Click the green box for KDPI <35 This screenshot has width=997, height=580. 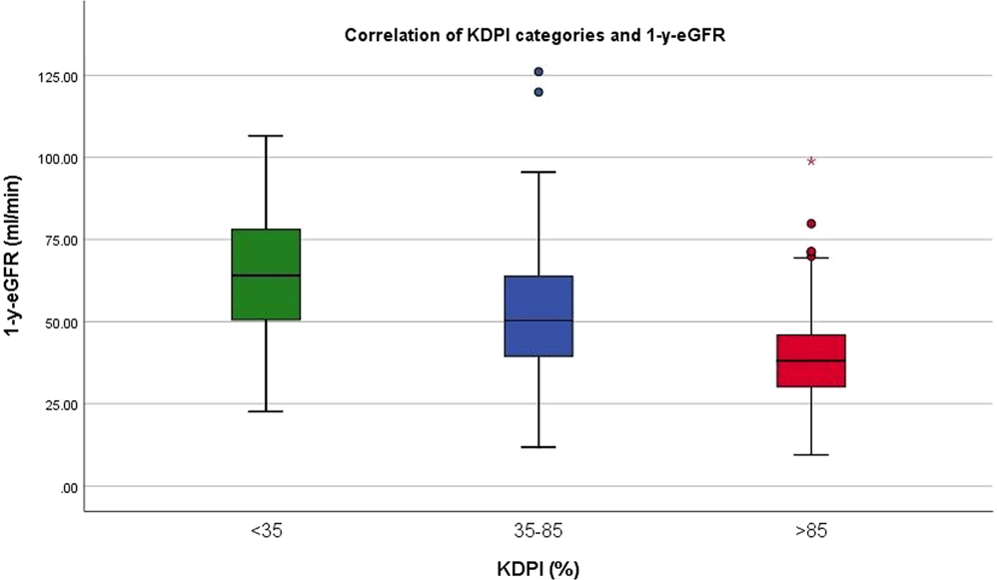(x=266, y=275)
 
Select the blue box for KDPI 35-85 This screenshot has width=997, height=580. (x=538, y=315)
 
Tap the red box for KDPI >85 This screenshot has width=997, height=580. (x=811, y=360)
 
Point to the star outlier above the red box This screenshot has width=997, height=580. (x=811, y=161)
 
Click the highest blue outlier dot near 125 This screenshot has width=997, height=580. (x=538, y=72)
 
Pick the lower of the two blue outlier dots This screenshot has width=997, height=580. (x=538, y=92)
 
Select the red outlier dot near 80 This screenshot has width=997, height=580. (x=811, y=224)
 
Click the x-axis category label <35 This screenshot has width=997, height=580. (x=266, y=533)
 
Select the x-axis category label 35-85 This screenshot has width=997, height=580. (x=538, y=533)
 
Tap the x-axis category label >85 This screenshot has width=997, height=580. (x=811, y=533)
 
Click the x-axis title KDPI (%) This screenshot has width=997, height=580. (x=537, y=568)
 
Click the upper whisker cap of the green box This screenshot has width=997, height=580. (x=266, y=136)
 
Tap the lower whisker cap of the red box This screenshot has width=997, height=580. (x=811, y=455)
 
